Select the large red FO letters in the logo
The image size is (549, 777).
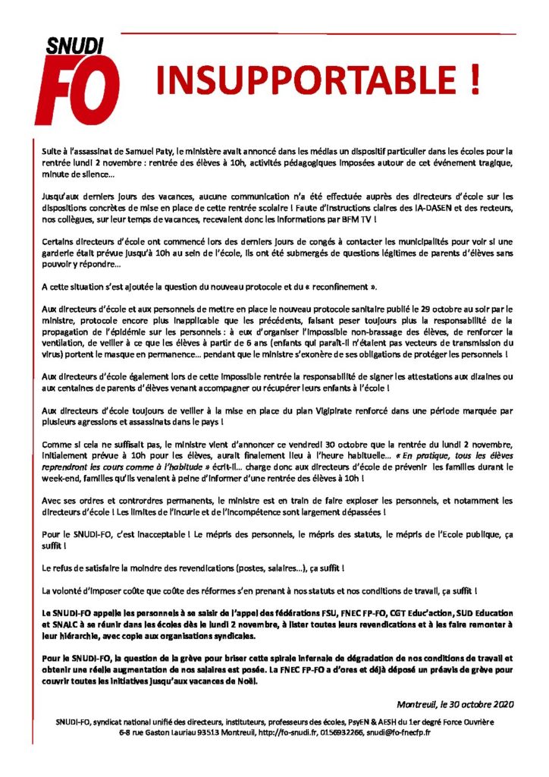point(78,88)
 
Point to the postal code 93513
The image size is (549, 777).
point(190,734)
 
